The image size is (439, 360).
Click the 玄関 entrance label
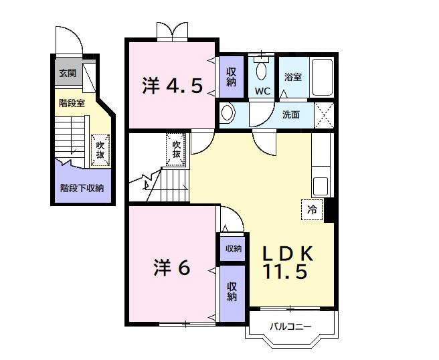click(x=68, y=73)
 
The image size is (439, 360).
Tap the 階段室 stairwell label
click(x=72, y=103)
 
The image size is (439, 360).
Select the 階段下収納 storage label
click(x=82, y=188)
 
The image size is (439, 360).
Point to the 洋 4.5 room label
click(x=172, y=86)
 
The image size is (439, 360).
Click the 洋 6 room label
click(x=173, y=267)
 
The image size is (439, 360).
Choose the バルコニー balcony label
click(x=291, y=327)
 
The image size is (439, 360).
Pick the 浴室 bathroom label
click(x=292, y=77)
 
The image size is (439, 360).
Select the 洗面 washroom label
click(x=290, y=114)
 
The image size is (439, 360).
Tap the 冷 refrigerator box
click(x=311, y=209)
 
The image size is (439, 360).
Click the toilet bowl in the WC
click(x=261, y=70)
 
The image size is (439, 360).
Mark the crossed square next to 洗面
click(x=324, y=114)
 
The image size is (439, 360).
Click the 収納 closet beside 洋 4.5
click(x=231, y=77)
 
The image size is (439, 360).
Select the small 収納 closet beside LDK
click(x=233, y=249)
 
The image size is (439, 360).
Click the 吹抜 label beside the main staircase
click(x=176, y=149)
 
